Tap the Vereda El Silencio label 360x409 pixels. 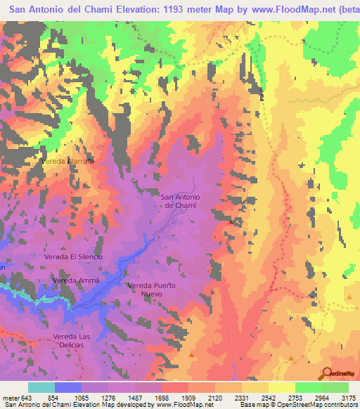tap(73, 257)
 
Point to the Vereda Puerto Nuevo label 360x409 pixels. tap(150, 289)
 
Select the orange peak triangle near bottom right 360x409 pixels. tap(290, 358)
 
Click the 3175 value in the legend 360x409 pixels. tap(349, 398)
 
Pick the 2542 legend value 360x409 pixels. tap(269, 398)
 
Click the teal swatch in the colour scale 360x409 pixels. tap(41, 387)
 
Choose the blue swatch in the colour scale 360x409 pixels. tap(68, 387)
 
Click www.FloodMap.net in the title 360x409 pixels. tap(289, 9)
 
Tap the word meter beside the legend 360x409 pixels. tap(10, 398)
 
